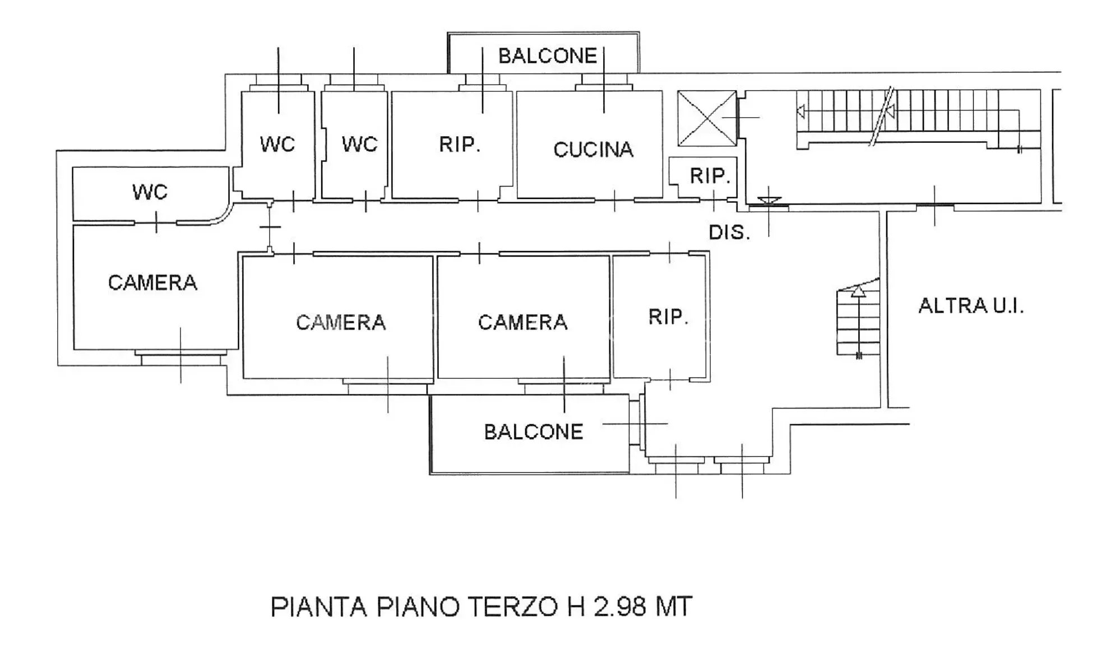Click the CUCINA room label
(593, 150)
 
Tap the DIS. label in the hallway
(729, 233)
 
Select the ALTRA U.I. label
(971, 306)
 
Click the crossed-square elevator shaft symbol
(707, 118)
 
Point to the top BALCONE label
(548, 56)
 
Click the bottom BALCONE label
(534, 432)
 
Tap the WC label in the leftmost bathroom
(150, 192)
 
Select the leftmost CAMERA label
(152, 283)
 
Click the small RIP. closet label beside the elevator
(710, 176)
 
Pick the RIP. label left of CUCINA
(460, 145)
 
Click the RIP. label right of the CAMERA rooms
(668, 317)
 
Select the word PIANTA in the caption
(318, 607)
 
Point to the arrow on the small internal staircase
(858, 322)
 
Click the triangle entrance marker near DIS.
(769, 201)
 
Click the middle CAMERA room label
(341, 323)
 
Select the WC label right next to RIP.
(359, 145)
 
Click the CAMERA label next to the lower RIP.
(522, 323)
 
